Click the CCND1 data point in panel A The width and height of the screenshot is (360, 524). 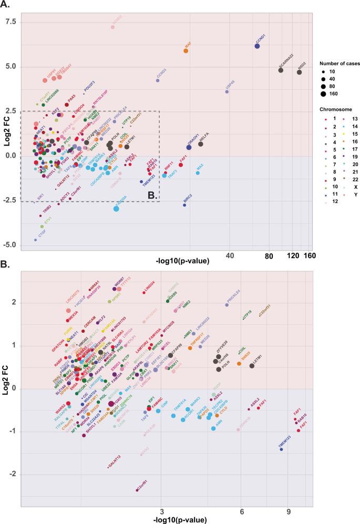pyautogui.click(x=258, y=46)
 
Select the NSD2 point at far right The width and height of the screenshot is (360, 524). pyautogui.click(x=299, y=72)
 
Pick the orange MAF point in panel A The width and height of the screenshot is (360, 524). pyautogui.click(x=186, y=51)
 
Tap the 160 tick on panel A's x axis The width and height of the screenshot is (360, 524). pyautogui.click(x=309, y=256)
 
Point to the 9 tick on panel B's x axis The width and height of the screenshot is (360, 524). pyautogui.click(x=289, y=511)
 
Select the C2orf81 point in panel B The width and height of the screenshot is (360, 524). pyautogui.click(x=137, y=489)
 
